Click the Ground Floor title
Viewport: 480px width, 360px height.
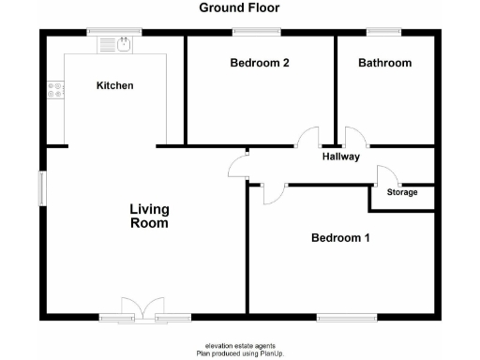(x=239, y=8)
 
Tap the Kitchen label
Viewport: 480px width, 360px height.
(x=115, y=86)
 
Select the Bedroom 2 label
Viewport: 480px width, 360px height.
(x=259, y=64)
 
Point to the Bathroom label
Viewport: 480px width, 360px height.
(x=384, y=64)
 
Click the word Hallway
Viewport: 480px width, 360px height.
(x=341, y=157)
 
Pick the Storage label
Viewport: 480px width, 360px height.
(x=402, y=193)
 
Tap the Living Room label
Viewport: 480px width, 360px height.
(x=149, y=217)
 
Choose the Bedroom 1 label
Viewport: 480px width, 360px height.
(x=340, y=238)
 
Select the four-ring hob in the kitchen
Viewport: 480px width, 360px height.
(x=55, y=91)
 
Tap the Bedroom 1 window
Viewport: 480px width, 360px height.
(x=347, y=316)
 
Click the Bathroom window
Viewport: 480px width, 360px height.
(x=384, y=32)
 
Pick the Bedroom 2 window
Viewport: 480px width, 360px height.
(x=257, y=32)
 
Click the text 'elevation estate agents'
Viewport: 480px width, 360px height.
(x=239, y=346)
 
